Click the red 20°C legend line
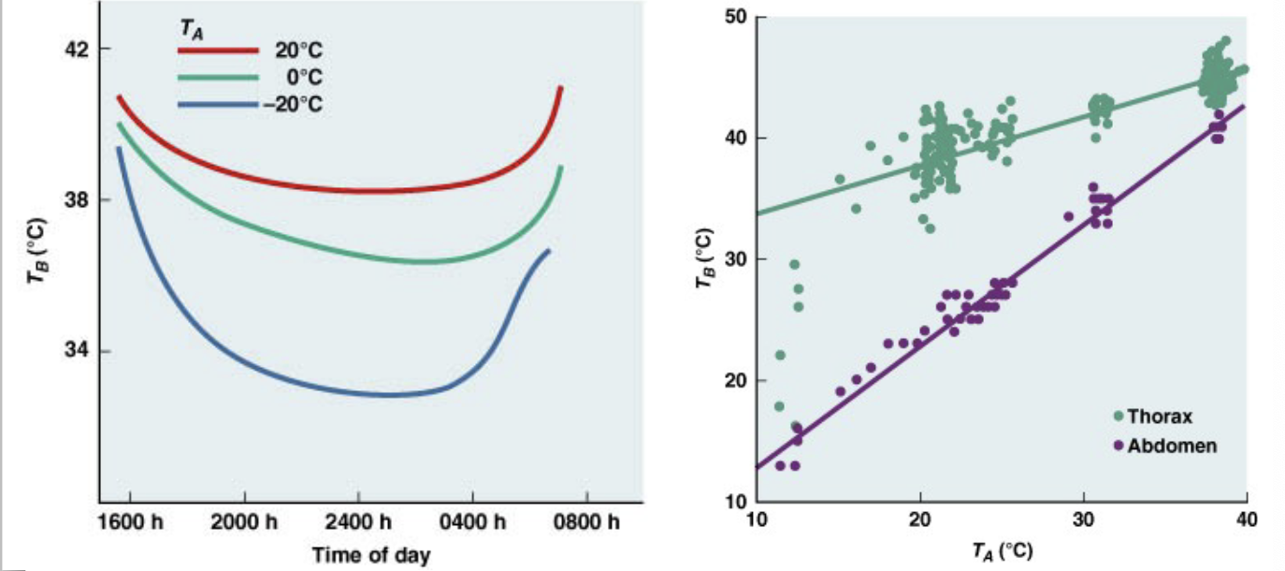(x=217, y=50)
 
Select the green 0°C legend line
(x=217, y=78)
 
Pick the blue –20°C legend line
(x=217, y=105)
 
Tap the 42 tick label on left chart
(x=77, y=50)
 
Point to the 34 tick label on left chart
(x=77, y=350)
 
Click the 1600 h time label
(x=130, y=522)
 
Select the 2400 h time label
(x=358, y=522)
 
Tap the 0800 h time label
(x=587, y=522)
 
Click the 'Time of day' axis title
(x=371, y=555)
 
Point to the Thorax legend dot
(x=1119, y=416)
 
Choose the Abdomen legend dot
(x=1119, y=446)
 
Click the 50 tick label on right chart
(x=735, y=17)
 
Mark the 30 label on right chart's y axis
(x=735, y=259)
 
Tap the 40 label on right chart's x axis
(x=1247, y=520)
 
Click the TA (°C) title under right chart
(x=1003, y=551)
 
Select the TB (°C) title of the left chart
(x=36, y=251)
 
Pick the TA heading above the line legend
(x=192, y=30)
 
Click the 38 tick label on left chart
(x=77, y=200)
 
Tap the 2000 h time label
(x=244, y=522)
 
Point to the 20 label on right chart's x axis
(x=919, y=520)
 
